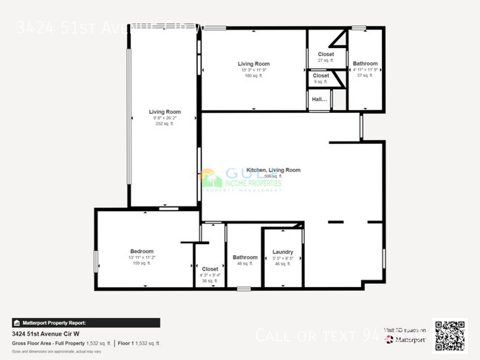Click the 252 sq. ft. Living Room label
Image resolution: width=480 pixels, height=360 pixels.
click(x=164, y=112)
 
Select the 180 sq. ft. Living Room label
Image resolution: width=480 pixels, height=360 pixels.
click(x=253, y=64)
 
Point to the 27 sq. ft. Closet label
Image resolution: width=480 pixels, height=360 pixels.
click(x=326, y=55)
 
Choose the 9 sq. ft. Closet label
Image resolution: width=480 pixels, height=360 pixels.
click(x=321, y=75)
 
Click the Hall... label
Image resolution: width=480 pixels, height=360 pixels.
click(x=319, y=99)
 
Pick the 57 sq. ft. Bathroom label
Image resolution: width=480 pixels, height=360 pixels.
click(x=365, y=64)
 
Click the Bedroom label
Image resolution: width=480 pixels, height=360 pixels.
click(x=141, y=252)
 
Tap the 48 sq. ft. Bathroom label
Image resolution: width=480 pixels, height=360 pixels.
click(x=244, y=257)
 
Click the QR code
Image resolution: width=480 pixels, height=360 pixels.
click(x=450, y=334)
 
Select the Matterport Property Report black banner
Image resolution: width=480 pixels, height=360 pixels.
click(x=84, y=322)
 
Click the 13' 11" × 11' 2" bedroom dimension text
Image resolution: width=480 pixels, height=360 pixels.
click(x=141, y=257)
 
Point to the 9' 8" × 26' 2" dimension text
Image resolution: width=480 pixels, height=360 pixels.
click(x=164, y=118)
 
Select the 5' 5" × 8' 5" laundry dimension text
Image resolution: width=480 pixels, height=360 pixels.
click(x=283, y=258)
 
